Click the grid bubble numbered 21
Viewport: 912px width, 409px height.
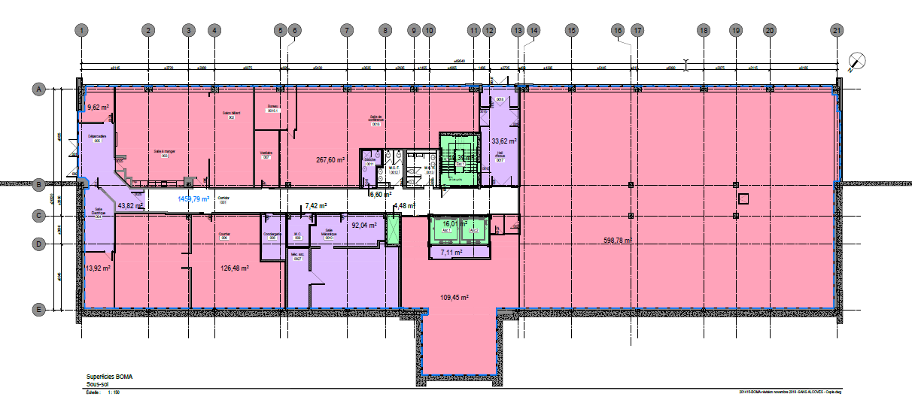[x=836, y=31]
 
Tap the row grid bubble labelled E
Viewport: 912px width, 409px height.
[x=36, y=309]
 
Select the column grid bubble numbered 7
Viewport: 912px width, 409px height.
[x=346, y=31]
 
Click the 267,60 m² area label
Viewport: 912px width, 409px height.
[x=330, y=159]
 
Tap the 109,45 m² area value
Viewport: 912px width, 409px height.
[x=454, y=297]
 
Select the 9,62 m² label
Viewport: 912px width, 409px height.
[x=99, y=107]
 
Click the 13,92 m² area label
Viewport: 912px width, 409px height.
[x=99, y=268]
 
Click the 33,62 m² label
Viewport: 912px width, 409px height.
[x=503, y=141]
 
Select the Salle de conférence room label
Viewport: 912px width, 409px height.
[x=376, y=119]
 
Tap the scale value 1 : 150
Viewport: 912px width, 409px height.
[x=114, y=392]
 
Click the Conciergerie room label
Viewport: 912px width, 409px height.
[x=272, y=234]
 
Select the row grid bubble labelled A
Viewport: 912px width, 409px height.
[x=36, y=89]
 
